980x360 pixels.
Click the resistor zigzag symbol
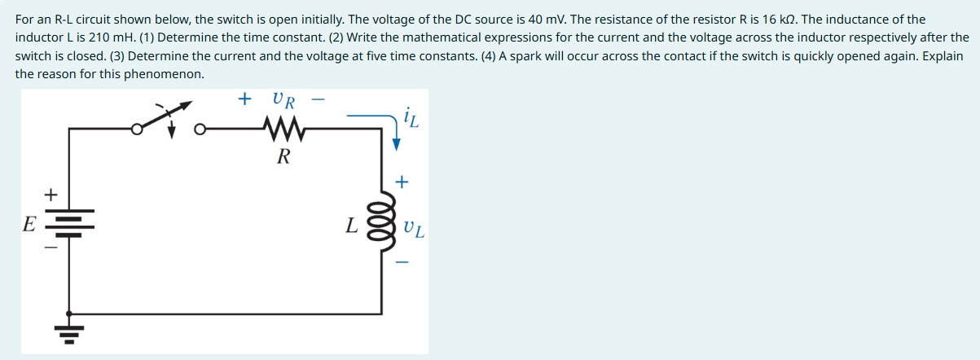(283, 128)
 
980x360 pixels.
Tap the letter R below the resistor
(283, 156)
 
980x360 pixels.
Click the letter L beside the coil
(350, 225)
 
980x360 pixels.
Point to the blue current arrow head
(397, 144)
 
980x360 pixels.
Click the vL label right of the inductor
(413, 227)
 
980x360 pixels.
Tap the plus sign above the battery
(51, 195)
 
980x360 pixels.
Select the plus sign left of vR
(244, 99)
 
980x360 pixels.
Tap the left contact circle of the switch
(138, 128)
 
